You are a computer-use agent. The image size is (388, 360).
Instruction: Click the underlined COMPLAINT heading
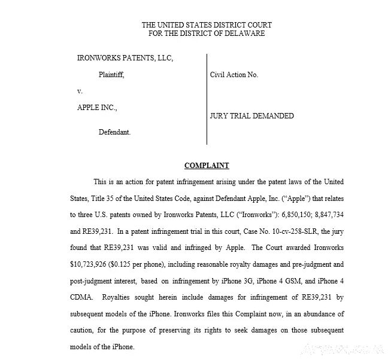207,166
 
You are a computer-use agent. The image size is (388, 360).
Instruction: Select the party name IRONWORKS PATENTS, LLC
125,59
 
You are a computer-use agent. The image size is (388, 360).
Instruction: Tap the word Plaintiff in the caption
111,75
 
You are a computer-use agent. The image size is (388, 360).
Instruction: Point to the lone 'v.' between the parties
80,91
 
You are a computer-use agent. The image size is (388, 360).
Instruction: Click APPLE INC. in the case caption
97,108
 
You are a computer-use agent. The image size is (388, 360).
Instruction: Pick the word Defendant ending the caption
114,132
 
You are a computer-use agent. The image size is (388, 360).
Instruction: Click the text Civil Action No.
234,75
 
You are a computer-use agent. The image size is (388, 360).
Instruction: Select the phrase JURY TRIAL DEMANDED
251,116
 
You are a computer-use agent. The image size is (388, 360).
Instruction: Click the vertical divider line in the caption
207,99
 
